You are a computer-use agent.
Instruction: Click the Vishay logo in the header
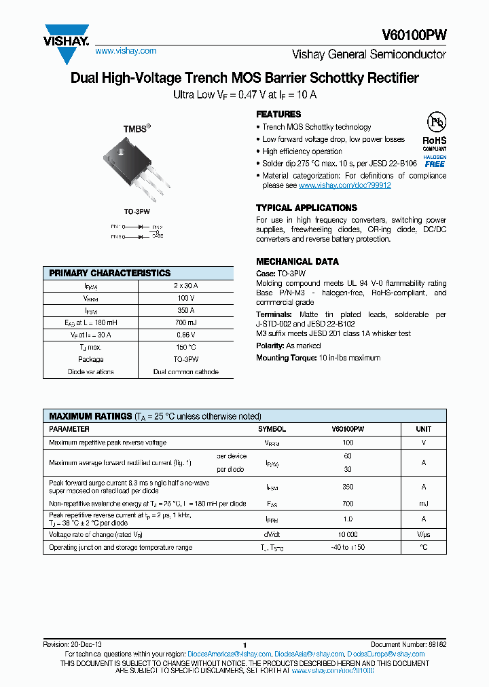click(67, 35)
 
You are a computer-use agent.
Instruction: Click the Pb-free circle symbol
click(435, 123)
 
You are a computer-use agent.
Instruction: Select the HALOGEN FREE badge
click(435, 160)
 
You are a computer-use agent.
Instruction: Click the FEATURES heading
click(278, 114)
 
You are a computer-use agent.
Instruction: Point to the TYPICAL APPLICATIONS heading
click(306, 208)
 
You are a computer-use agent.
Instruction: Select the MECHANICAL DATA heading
click(297, 261)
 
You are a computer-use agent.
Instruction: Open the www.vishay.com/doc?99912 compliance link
click(344, 185)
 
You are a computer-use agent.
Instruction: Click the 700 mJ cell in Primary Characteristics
click(185, 323)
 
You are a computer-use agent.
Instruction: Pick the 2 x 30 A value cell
click(185, 286)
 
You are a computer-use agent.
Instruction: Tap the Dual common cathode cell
click(185, 372)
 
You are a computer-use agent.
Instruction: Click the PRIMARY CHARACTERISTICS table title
click(110, 273)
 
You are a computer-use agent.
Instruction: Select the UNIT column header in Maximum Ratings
click(424, 429)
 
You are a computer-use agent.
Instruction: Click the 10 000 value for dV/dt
click(348, 535)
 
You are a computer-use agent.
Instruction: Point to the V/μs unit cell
click(424, 535)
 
